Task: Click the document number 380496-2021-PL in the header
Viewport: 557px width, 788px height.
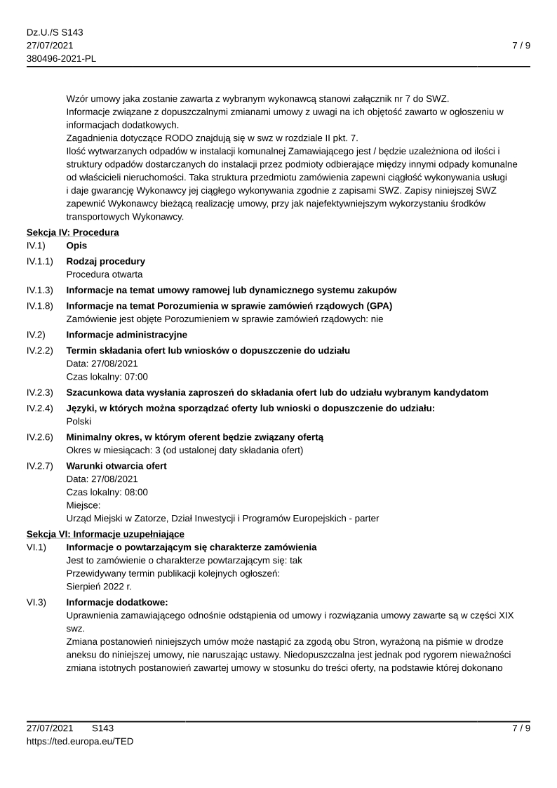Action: click(61, 58)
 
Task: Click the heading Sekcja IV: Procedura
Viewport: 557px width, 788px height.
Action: click(72, 232)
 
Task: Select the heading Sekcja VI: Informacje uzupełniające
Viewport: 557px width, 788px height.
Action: click(105, 534)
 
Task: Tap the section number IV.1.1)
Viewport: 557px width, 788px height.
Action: click(40, 261)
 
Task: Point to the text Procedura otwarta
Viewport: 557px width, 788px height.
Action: click(105, 274)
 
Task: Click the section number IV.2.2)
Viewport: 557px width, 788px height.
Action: click(40, 350)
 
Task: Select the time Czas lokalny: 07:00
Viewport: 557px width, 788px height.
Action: click(107, 377)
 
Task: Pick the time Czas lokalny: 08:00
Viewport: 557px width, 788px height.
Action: click(107, 492)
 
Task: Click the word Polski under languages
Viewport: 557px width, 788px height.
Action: click(80, 422)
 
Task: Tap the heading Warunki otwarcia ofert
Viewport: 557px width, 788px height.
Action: click(116, 466)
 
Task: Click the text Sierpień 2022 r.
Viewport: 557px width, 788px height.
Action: click(99, 587)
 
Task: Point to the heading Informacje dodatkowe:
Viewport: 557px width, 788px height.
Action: click(117, 602)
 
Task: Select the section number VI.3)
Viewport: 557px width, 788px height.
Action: click(36, 602)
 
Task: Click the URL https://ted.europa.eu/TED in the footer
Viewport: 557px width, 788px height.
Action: click(80, 741)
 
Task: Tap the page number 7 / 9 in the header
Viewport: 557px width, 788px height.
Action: click(521, 46)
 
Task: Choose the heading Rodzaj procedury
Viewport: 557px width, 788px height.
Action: click(106, 261)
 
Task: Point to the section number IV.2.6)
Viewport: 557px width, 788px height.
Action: click(40, 437)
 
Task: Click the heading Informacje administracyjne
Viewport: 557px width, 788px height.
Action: click(126, 335)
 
